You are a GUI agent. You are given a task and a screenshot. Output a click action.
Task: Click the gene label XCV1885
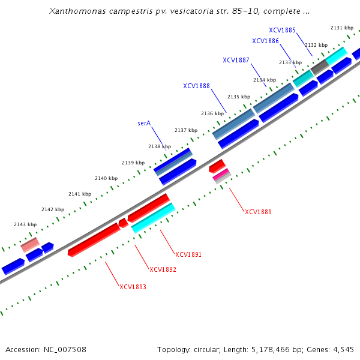pyautogui.click(x=282, y=30)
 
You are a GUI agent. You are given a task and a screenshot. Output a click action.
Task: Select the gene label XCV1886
pyautogui.click(x=265, y=41)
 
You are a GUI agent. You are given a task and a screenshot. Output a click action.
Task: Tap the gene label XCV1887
pyautogui.click(x=236, y=60)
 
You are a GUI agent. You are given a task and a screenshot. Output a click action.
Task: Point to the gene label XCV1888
pyautogui.click(x=196, y=86)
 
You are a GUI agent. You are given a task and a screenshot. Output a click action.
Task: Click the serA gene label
pyautogui.click(x=144, y=123)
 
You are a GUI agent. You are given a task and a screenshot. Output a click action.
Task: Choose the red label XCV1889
pyautogui.click(x=258, y=212)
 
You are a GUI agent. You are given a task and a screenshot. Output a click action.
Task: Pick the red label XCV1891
pyautogui.click(x=188, y=254)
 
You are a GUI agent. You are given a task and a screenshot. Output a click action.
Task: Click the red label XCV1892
pyautogui.click(x=163, y=269)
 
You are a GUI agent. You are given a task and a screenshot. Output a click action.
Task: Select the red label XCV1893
pyautogui.click(x=133, y=287)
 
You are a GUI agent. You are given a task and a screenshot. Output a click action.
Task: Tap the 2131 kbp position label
pyautogui.click(x=342, y=28)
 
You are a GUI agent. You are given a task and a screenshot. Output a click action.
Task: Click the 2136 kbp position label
pyautogui.click(x=212, y=113)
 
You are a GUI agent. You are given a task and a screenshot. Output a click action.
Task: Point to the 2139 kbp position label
pyautogui.click(x=133, y=163)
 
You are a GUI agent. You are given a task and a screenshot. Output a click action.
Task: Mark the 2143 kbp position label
pyautogui.click(x=25, y=224)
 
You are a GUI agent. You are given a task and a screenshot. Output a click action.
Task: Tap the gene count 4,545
pyautogui.click(x=343, y=349)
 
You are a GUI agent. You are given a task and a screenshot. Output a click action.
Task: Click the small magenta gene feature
pyautogui.click(x=221, y=173)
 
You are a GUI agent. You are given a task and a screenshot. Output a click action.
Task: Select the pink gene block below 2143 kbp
pyautogui.click(x=30, y=244)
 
